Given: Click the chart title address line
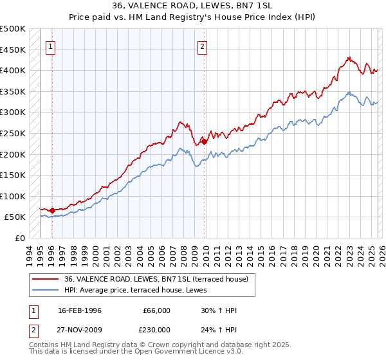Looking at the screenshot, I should click(x=193, y=6).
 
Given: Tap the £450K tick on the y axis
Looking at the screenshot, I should click(x=13, y=50).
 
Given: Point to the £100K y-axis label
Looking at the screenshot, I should click(x=13, y=196).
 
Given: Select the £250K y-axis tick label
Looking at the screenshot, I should click(x=13, y=133).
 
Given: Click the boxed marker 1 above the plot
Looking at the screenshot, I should click(x=50, y=46).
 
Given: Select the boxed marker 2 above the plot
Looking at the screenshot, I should click(x=202, y=46).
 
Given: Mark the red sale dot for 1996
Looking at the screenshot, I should click(x=52, y=210).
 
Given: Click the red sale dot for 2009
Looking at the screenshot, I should click(x=204, y=141).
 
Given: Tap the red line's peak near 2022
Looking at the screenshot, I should click(x=348, y=57).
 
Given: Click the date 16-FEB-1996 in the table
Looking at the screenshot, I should click(x=80, y=310).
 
